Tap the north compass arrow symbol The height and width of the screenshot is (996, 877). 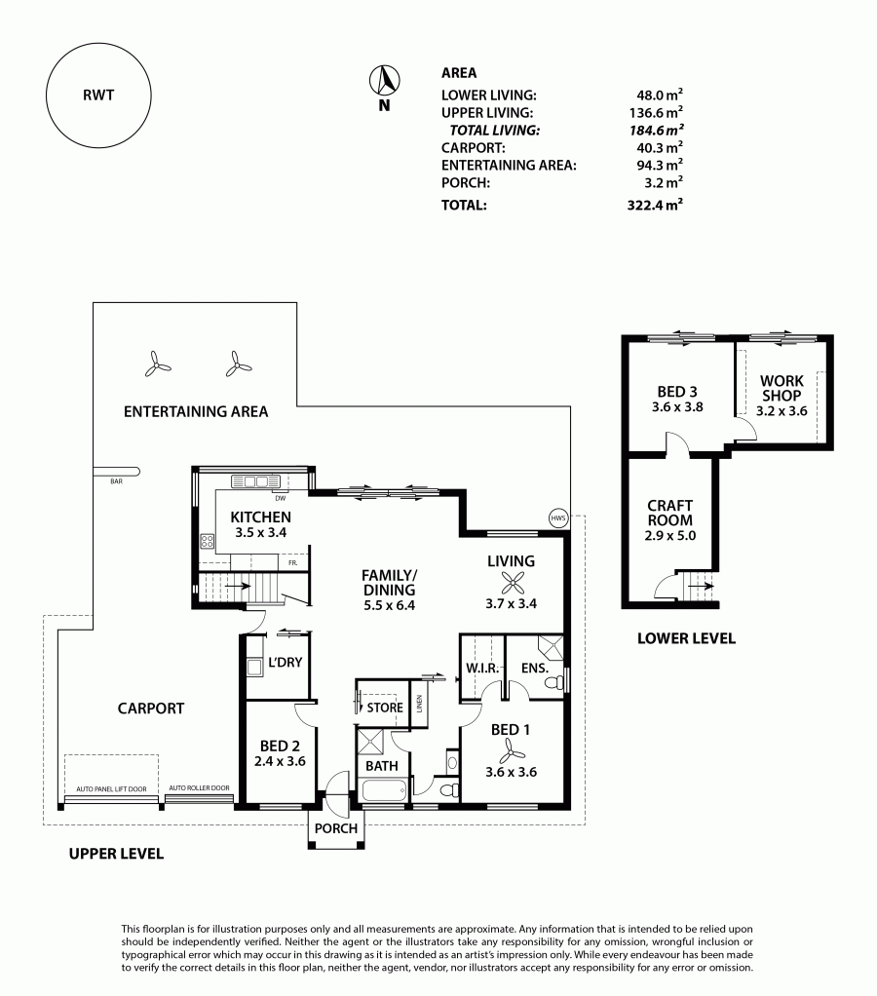click(384, 81)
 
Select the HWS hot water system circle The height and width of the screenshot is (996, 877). click(557, 518)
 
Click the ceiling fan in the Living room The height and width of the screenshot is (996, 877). click(512, 583)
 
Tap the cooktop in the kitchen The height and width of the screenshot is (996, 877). click(207, 541)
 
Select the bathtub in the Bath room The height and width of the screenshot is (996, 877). click(383, 790)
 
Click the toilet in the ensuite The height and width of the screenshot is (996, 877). click(553, 683)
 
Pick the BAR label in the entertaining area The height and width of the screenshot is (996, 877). click(116, 481)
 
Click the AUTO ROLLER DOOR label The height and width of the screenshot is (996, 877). click(199, 787)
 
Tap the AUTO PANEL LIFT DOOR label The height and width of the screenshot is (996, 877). click(111, 789)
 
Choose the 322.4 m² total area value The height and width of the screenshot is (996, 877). click(655, 205)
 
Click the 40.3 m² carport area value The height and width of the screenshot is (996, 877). click(660, 147)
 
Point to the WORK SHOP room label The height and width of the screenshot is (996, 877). click(782, 388)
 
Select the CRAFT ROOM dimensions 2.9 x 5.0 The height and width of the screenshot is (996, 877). click(670, 535)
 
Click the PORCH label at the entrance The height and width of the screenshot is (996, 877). click(336, 828)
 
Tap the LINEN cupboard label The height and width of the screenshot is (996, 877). click(419, 704)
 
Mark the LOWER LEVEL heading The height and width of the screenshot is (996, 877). click(686, 638)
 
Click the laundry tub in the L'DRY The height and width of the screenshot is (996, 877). click(254, 667)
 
